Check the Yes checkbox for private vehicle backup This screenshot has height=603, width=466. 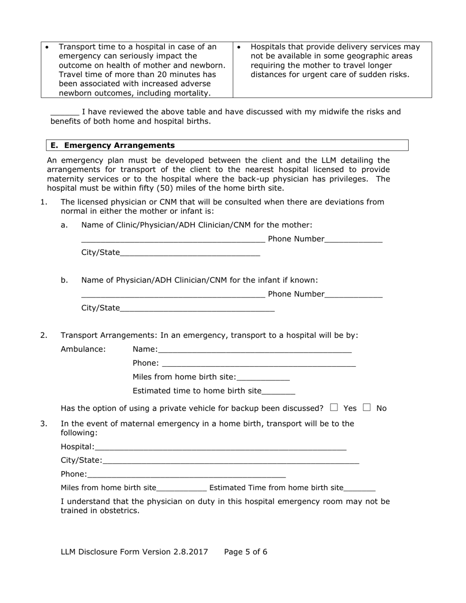click(334, 407)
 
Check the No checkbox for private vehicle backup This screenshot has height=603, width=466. click(367, 407)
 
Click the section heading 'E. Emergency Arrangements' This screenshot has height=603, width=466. click(113, 145)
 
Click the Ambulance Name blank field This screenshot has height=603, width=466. click(255, 350)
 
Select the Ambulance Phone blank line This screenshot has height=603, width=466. click(259, 363)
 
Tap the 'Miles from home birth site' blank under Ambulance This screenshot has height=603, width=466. click(263, 377)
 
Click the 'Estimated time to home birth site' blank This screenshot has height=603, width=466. click(279, 391)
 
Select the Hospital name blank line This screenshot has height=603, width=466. click(221, 447)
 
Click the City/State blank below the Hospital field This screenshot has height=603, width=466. click(231, 460)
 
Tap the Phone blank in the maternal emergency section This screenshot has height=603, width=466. click(186, 474)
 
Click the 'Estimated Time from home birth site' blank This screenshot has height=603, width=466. click(360, 488)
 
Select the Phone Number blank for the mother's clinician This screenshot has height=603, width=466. click(353, 239)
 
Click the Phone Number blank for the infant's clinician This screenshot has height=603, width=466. click(353, 294)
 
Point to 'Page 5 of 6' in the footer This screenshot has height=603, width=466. click(246, 552)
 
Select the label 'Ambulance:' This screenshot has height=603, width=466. click(83, 349)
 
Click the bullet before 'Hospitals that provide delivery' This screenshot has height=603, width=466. click(239, 47)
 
